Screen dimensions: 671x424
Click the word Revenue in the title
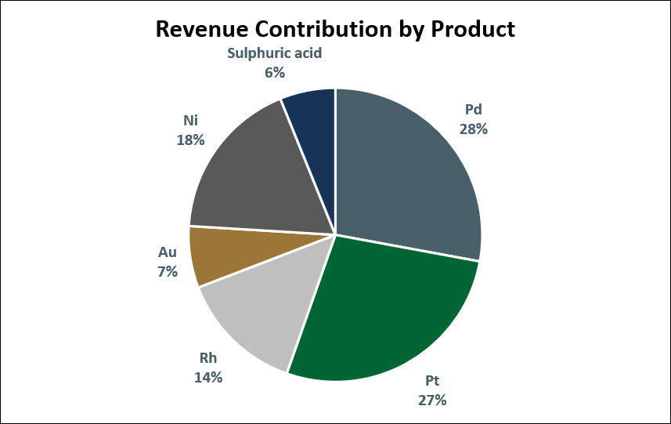coord(201,29)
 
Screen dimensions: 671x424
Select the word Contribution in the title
coord(323,29)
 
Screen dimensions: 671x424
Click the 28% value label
coord(473,129)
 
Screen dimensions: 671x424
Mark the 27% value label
coord(432,400)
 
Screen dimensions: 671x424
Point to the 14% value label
coord(208,377)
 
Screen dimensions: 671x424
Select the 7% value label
coord(168,271)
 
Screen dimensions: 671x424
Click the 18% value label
coord(190,140)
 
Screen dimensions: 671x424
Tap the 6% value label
coord(275,72)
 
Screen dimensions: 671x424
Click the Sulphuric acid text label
coord(274,53)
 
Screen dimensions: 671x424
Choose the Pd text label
coord(473,110)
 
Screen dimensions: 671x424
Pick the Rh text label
coord(208,357)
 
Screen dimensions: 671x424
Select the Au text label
coord(168,252)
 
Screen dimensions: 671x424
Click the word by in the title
coord(411,30)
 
